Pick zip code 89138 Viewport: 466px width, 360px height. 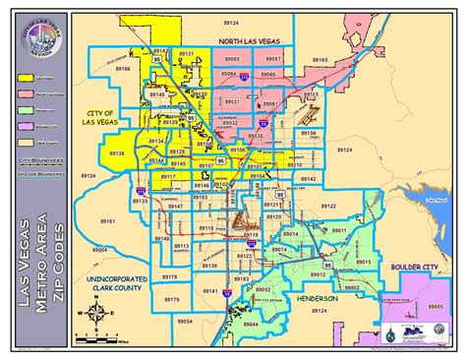click(116, 154)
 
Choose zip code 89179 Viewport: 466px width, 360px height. click(172, 299)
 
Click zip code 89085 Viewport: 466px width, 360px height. click(230, 59)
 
